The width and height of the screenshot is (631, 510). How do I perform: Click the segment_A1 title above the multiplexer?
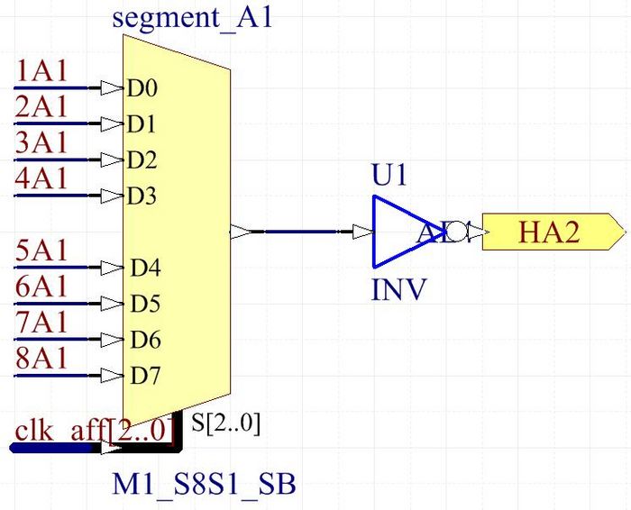[x=192, y=19]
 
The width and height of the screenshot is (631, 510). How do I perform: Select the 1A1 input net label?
[x=41, y=70]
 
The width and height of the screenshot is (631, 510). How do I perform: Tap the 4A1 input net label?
[x=41, y=178]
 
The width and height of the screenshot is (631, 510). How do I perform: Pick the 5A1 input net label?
[x=41, y=250]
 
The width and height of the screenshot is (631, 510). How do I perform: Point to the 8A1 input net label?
[x=41, y=357]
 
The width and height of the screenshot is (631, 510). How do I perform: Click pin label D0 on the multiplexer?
[x=142, y=88]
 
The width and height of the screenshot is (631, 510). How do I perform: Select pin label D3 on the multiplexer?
[x=142, y=196]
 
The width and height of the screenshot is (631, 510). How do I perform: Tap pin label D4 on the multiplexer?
[x=145, y=268]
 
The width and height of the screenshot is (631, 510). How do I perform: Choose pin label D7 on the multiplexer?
[x=145, y=375]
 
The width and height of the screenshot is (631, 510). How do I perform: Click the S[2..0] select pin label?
[x=226, y=423]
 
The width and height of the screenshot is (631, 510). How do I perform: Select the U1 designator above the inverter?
[x=389, y=175]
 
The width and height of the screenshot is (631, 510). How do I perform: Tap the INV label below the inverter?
[x=399, y=290]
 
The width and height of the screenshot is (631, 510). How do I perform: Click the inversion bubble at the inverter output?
[x=457, y=232]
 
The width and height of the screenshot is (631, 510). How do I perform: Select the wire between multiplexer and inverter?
[x=306, y=232]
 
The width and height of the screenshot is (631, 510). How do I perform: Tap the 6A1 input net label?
[x=41, y=286]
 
